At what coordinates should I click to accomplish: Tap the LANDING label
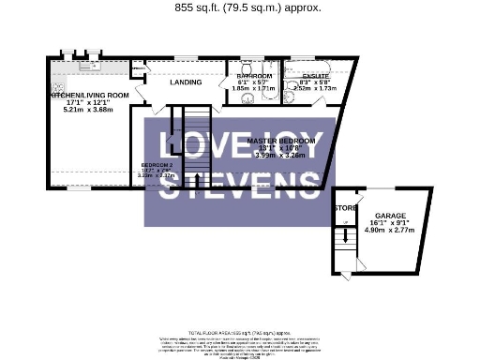185,82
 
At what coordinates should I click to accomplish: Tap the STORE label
346,207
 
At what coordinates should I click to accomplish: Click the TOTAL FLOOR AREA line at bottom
240,334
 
